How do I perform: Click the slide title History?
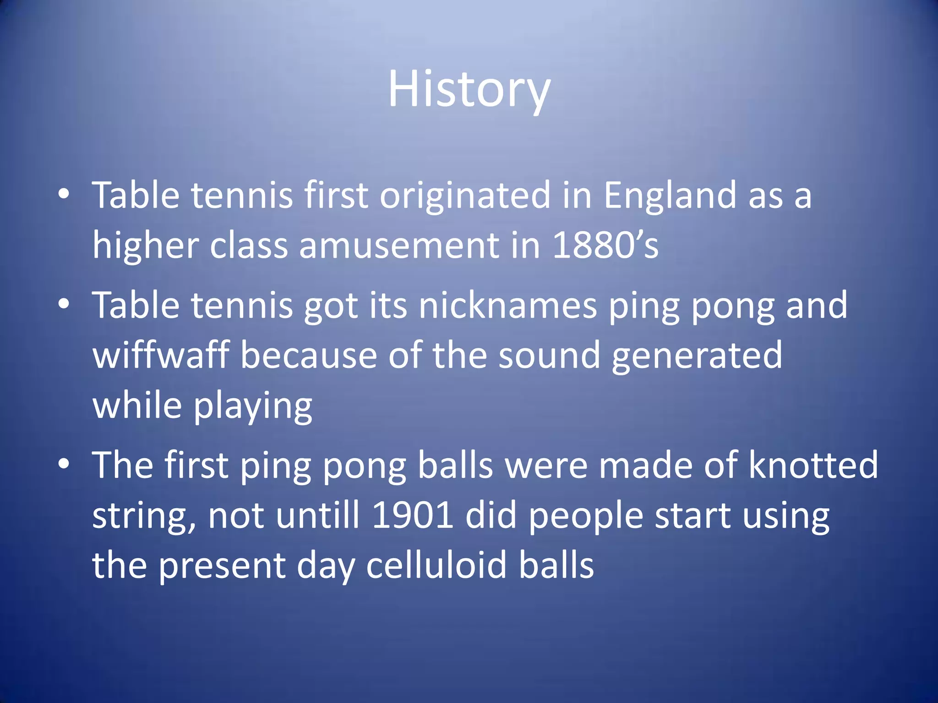469,89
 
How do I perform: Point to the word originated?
464,195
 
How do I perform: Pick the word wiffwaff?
161,355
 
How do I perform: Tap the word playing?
253,406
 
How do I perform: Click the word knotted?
813,465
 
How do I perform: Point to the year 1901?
413,515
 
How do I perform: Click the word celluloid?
436,565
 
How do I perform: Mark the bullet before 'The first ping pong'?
64,464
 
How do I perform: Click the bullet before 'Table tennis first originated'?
64,195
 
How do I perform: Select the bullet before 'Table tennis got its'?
64,304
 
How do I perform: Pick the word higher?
145,245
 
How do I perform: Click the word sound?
549,355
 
